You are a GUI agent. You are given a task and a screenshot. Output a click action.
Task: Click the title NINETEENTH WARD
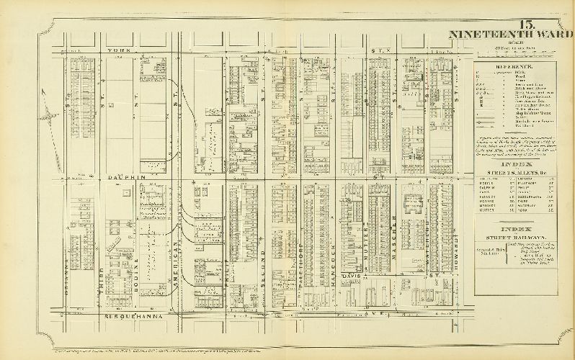[510, 34]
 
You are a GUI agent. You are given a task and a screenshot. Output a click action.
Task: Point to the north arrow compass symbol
[47, 114]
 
